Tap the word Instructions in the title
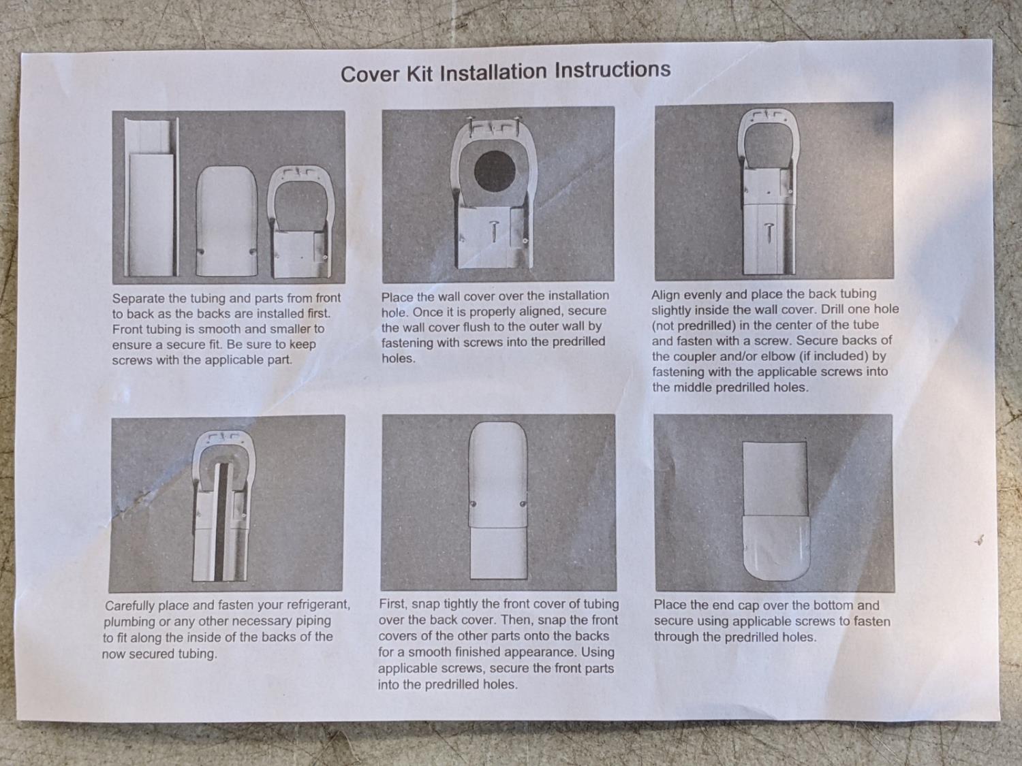pyautogui.click(x=613, y=69)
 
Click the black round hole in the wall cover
pyautogui.click(x=495, y=171)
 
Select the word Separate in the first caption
pyautogui.click(x=138, y=298)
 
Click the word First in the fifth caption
pyautogui.click(x=392, y=604)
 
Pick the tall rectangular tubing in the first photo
pyautogui.click(x=151, y=197)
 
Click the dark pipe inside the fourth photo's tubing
pyautogui.click(x=220, y=521)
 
